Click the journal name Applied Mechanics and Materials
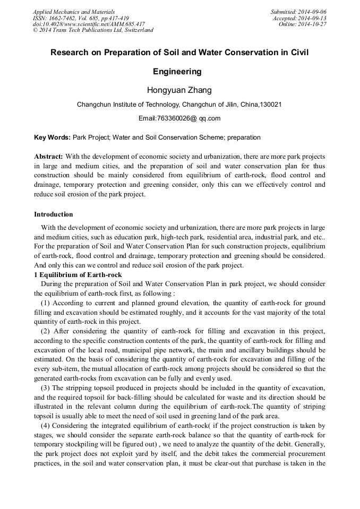click(x=73, y=12)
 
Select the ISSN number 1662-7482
click(x=63, y=18)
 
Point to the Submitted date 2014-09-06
click(x=313, y=12)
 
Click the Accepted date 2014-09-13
click(x=313, y=18)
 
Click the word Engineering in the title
click(x=179, y=71)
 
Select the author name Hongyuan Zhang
click(x=179, y=90)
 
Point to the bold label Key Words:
click(x=52, y=137)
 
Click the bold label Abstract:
click(x=48, y=157)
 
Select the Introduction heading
click(x=54, y=214)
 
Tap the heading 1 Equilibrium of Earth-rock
click(x=78, y=275)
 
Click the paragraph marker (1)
click(x=45, y=303)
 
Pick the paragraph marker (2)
click(x=45, y=332)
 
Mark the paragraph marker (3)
click(x=45, y=389)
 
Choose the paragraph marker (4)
click(x=45, y=426)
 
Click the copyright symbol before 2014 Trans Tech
click(x=35, y=30)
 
